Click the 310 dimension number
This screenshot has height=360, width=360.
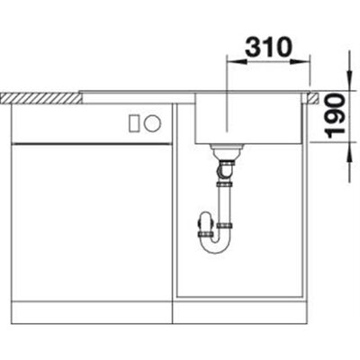(268, 47)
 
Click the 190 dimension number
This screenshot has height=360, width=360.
(336, 116)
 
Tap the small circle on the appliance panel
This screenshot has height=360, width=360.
(152, 123)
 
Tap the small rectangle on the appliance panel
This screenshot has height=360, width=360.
(134, 123)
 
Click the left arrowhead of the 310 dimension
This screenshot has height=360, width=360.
(236, 62)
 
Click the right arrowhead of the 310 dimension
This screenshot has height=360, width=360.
(300, 62)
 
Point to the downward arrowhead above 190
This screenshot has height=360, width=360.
(349, 80)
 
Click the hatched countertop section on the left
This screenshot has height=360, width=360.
(42, 98)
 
